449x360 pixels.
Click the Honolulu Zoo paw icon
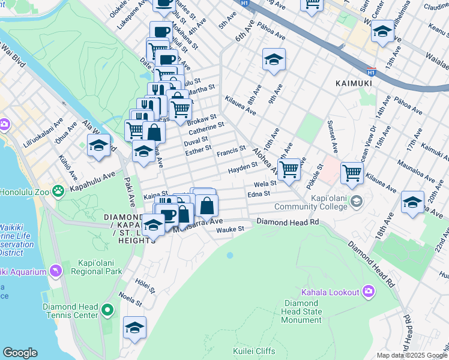click(x=58, y=191)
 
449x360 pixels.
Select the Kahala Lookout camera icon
click(x=369, y=292)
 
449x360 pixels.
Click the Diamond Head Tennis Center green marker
click(x=107, y=310)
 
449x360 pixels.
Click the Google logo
click(x=20, y=353)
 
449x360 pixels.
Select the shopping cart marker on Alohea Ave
click(x=289, y=170)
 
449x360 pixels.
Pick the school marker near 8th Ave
click(x=274, y=59)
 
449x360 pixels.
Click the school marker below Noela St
click(x=134, y=327)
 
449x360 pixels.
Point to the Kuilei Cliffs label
click(x=254, y=351)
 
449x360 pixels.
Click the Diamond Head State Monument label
click(x=303, y=311)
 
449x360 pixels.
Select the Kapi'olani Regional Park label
click(x=100, y=268)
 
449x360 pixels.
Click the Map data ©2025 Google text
click(x=412, y=355)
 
